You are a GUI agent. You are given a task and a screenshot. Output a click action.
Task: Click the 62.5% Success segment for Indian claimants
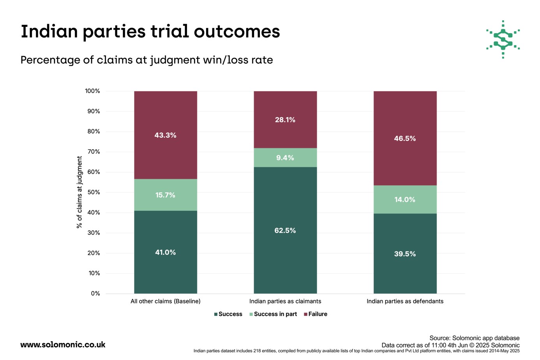(285, 230)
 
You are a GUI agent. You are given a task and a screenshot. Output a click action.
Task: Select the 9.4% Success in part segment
(285, 157)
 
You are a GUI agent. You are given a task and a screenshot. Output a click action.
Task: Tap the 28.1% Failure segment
(285, 120)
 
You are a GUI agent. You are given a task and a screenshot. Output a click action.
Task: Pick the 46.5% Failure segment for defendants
(405, 138)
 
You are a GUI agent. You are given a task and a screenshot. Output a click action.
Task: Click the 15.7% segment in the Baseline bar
(166, 195)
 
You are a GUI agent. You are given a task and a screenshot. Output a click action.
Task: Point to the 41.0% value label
(166, 252)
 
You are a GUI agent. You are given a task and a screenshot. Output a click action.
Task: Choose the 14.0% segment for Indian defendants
(405, 199)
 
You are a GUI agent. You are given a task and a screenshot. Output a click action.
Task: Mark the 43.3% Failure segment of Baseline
(166, 135)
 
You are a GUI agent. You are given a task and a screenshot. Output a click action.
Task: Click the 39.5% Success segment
(405, 254)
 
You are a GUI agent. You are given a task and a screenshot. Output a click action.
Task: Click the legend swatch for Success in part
(251, 314)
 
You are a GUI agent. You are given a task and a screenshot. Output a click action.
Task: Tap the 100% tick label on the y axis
(92, 91)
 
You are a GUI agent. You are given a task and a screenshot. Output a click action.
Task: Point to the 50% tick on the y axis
(94, 192)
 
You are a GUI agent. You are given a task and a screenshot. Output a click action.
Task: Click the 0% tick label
(95, 294)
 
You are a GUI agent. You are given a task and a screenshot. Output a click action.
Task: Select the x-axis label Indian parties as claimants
(285, 301)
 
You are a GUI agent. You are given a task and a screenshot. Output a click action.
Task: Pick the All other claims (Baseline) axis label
(166, 301)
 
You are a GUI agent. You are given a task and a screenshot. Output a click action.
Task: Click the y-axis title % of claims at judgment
(79, 192)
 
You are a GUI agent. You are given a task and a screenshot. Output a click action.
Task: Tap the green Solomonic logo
(503, 39)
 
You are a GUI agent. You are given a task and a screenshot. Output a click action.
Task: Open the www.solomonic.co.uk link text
(63, 345)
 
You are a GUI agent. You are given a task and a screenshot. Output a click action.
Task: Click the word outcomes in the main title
(237, 31)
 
